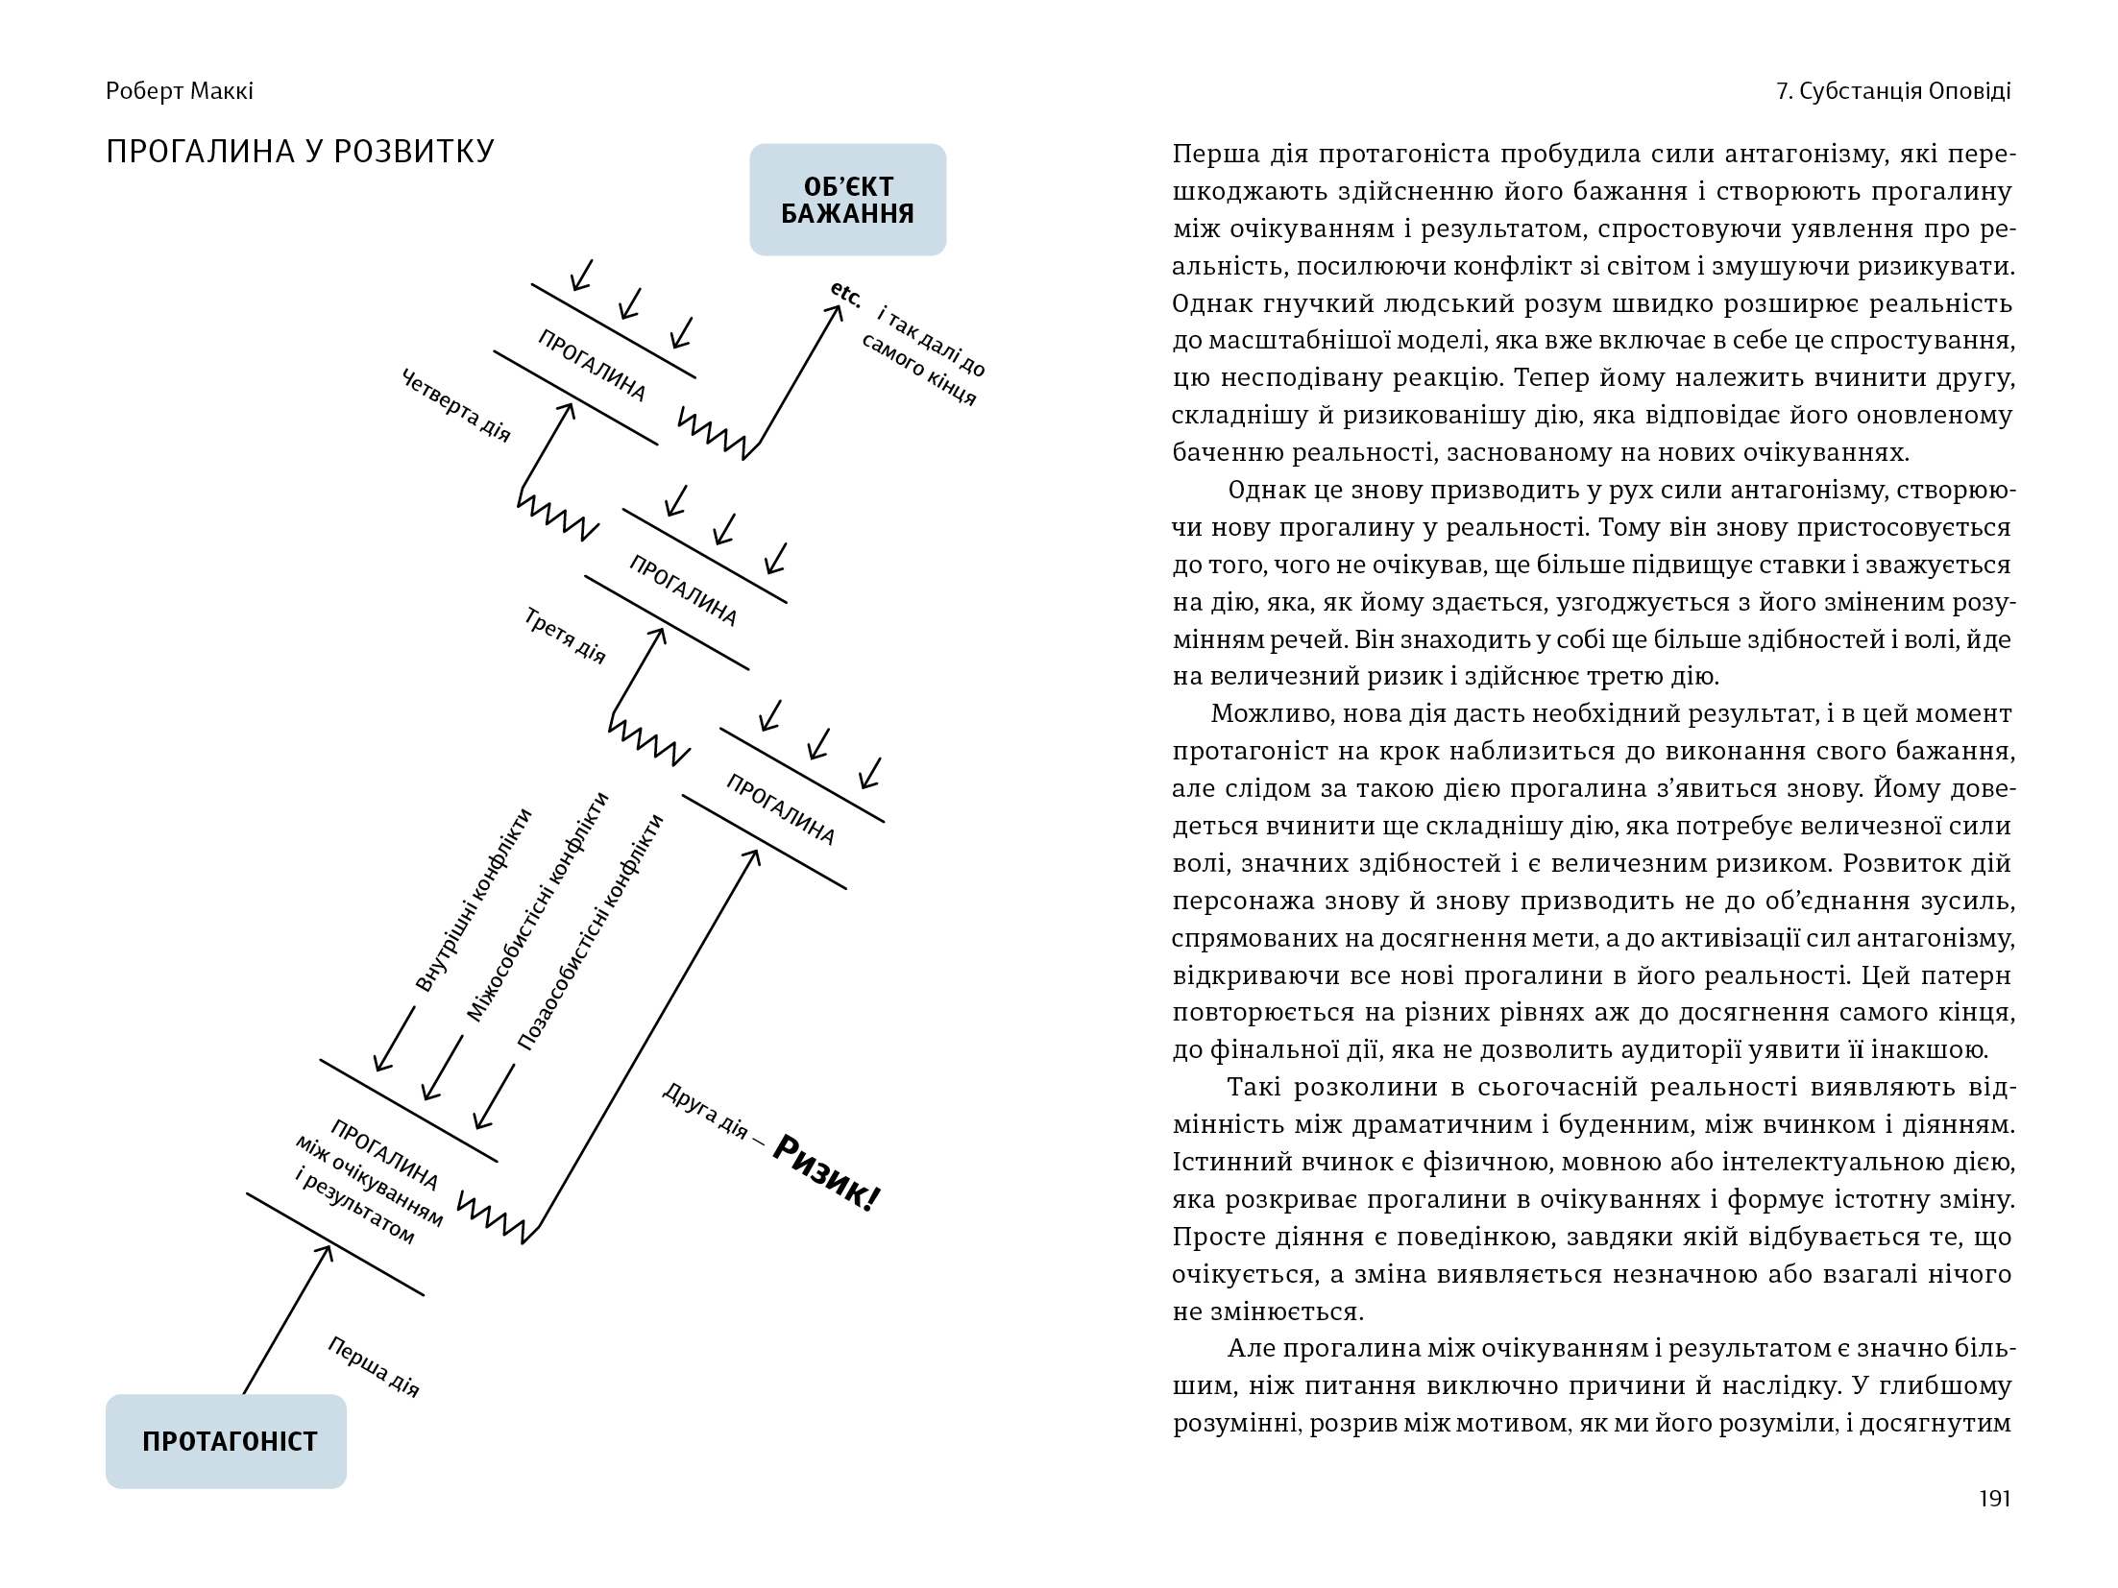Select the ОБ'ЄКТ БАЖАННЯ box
tap(847, 200)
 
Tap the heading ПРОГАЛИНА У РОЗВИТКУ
tap(300, 152)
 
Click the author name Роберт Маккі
tap(180, 91)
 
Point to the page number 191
tap(1995, 1499)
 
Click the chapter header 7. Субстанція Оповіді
tap(1893, 91)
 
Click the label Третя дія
tap(566, 636)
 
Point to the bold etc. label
tap(845, 295)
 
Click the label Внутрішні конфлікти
tap(473, 899)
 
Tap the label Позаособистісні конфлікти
tap(591, 931)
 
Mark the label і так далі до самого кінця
tap(924, 356)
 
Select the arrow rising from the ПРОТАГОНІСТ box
tap(286, 1320)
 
